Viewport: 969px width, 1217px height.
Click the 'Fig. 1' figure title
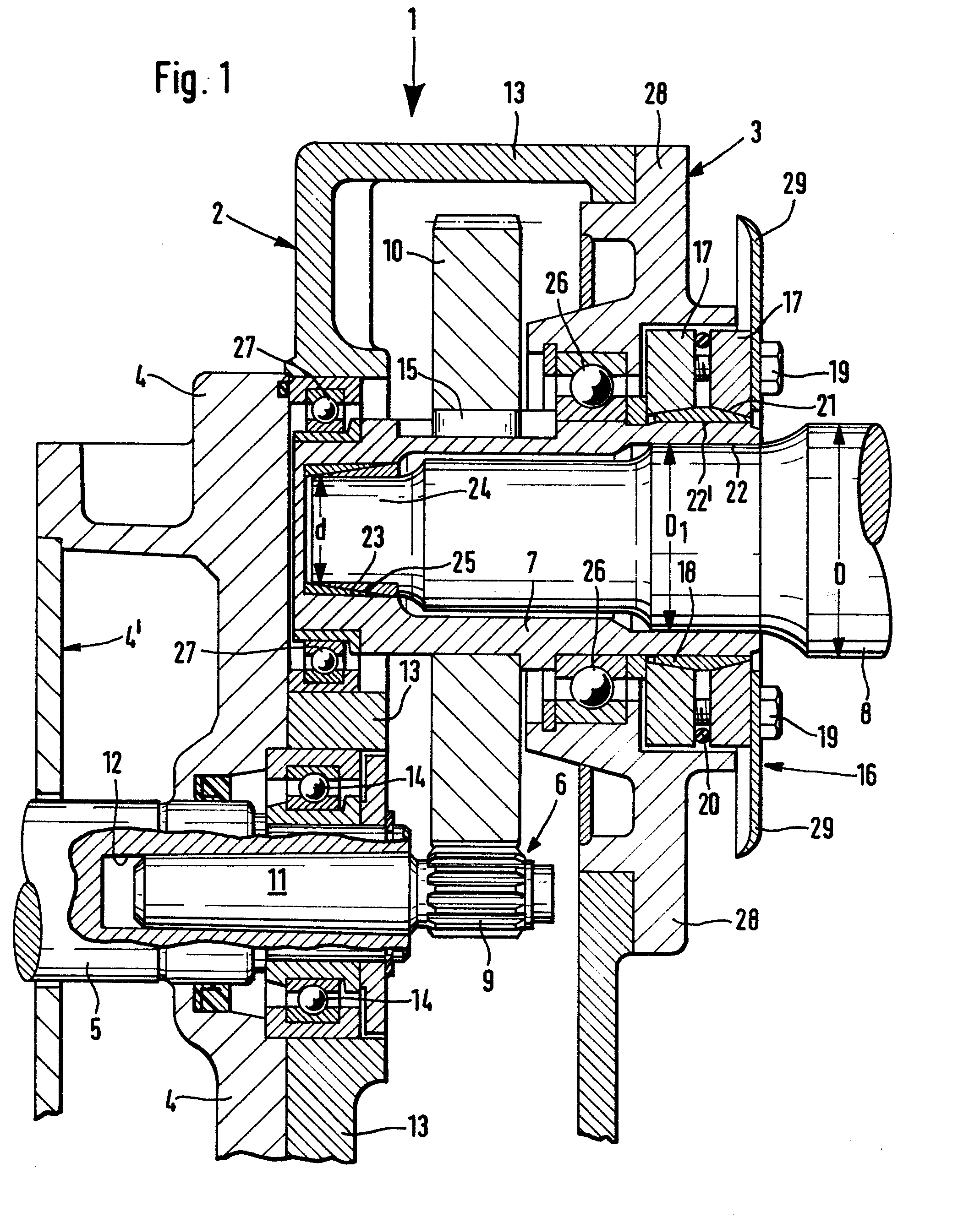tap(193, 80)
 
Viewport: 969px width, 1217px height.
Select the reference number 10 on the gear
tap(394, 251)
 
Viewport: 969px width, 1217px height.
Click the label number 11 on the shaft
tap(277, 880)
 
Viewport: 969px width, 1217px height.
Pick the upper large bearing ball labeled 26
tap(591, 386)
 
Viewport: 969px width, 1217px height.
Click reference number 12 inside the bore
tap(112, 763)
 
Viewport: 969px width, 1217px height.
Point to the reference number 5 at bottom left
tap(95, 1029)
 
